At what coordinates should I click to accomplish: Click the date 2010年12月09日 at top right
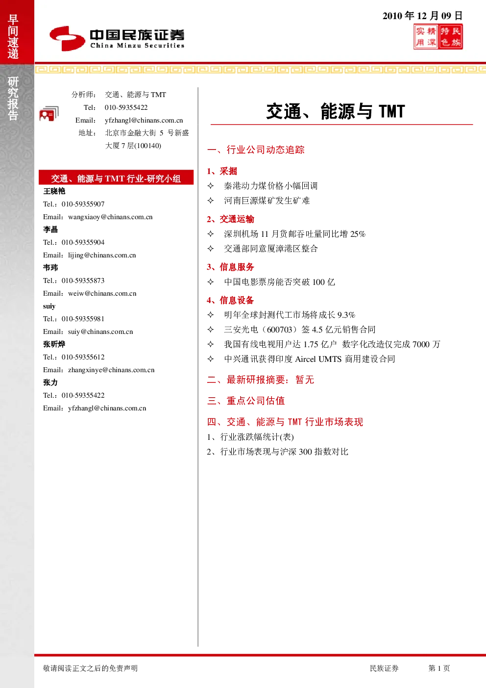click(422, 16)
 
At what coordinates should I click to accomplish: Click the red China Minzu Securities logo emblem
click(67, 38)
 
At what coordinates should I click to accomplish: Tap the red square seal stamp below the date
click(438, 37)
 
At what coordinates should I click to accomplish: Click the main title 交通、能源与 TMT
click(336, 111)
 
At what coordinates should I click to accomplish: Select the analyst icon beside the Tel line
click(49, 114)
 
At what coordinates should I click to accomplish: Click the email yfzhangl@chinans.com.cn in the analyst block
click(144, 120)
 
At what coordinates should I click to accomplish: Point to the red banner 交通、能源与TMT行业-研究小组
click(116, 178)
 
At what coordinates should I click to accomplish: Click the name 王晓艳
click(54, 191)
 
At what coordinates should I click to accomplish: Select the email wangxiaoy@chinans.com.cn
click(110, 217)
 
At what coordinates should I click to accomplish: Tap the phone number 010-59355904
click(83, 242)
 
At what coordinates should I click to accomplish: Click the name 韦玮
click(50, 268)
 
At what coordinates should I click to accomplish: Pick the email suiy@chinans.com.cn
click(100, 331)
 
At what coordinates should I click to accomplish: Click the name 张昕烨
click(54, 344)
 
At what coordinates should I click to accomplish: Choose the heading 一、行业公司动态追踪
click(256, 150)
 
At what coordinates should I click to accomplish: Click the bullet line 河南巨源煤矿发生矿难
click(267, 201)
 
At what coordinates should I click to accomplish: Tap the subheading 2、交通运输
click(230, 219)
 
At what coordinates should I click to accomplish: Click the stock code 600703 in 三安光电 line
click(280, 330)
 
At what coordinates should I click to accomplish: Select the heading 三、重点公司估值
click(246, 401)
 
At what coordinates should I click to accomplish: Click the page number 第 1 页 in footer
click(439, 668)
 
